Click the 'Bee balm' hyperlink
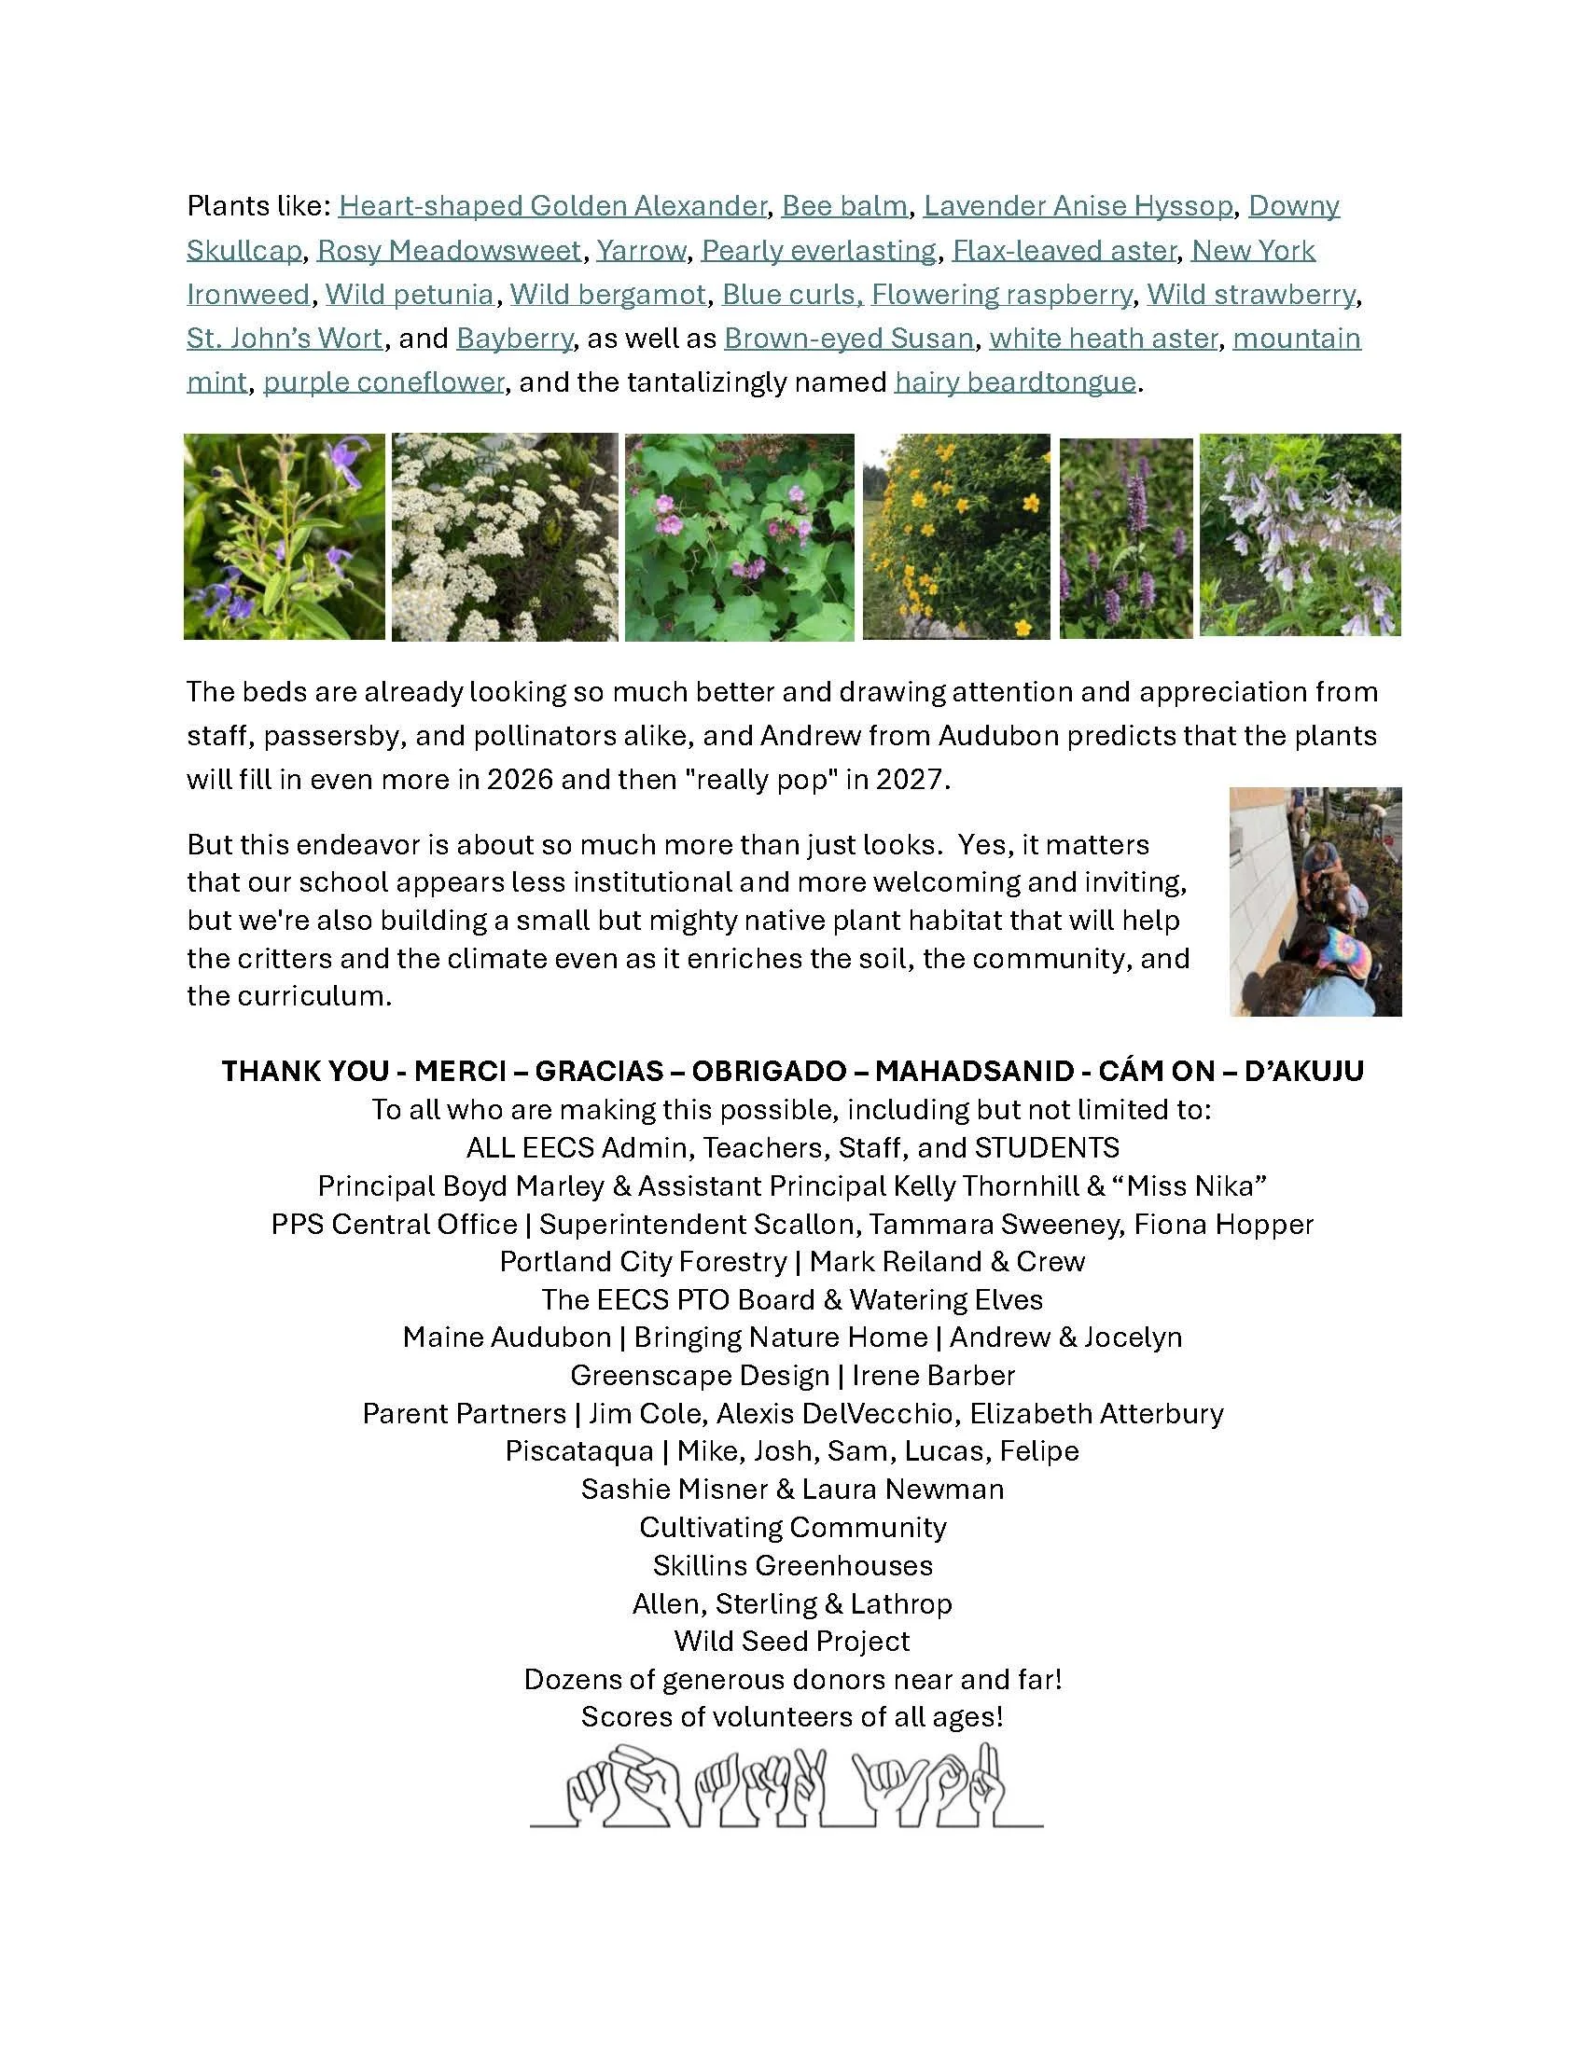(x=843, y=206)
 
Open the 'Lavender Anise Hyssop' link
(x=1078, y=206)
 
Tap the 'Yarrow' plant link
(x=641, y=250)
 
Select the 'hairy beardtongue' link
(x=1015, y=382)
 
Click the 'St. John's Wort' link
(x=285, y=339)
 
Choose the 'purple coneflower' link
(x=383, y=382)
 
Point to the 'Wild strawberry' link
(x=1250, y=294)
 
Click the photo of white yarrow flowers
(x=505, y=536)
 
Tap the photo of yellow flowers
(x=955, y=536)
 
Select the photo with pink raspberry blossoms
(x=740, y=536)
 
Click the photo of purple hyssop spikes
(x=1126, y=538)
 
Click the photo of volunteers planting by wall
(x=1315, y=901)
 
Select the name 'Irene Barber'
(x=933, y=1376)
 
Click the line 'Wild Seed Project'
(x=792, y=1641)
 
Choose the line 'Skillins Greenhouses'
(x=792, y=1565)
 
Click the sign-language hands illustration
(x=787, y=1785)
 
